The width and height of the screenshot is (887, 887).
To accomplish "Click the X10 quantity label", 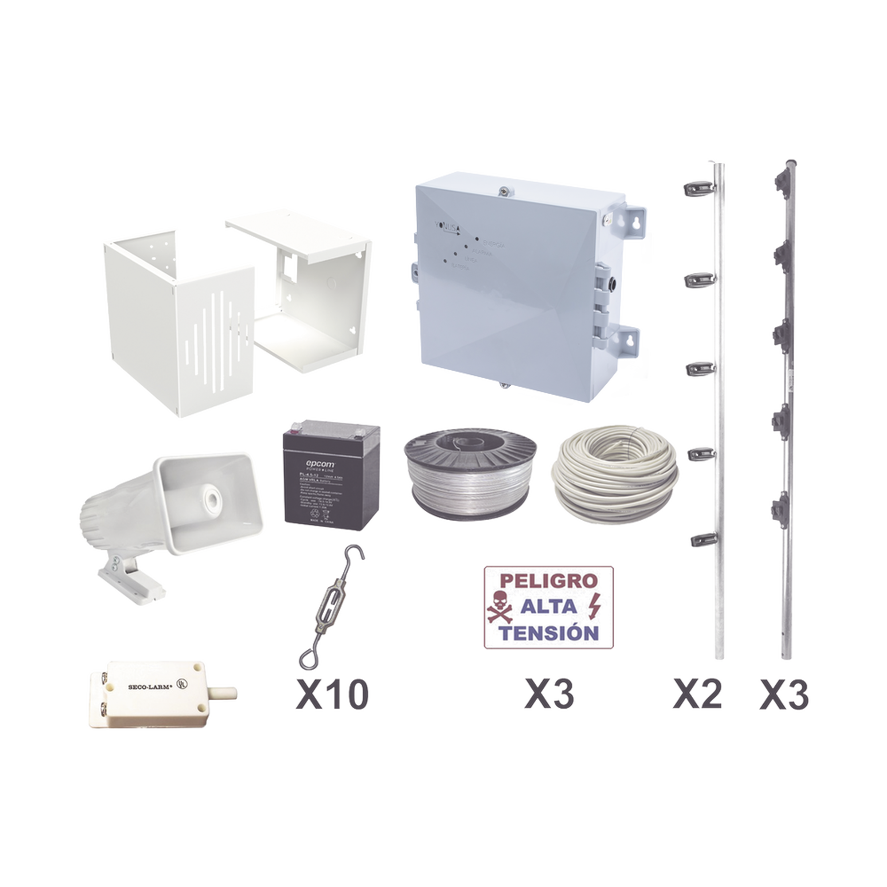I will pyautogui.click(x=332, y=693).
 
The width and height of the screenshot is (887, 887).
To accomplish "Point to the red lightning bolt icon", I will pyautogui.click(x=597, y=605).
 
